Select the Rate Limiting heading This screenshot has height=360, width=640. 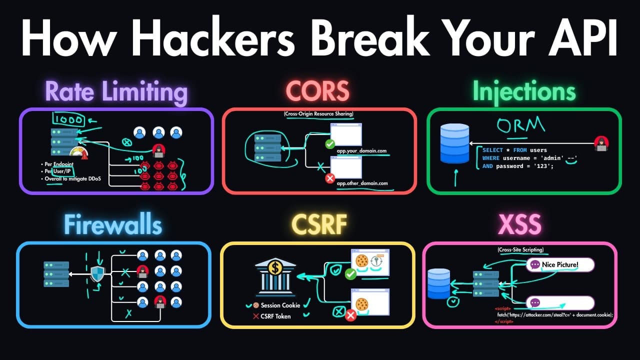116,92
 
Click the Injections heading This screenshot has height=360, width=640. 524,91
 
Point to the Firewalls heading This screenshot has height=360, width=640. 113,225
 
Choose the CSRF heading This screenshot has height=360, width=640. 319,225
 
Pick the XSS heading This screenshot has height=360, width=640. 519,225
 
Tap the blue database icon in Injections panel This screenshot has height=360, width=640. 454,143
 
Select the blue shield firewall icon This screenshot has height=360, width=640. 97,274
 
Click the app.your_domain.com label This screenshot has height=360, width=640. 361,150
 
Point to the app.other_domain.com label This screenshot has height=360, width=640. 362,183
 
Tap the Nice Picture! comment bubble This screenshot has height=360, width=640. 560,264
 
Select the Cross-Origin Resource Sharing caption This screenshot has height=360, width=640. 319,114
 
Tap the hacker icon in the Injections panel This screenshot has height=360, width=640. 601,143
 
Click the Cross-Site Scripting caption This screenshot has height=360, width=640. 520,249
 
